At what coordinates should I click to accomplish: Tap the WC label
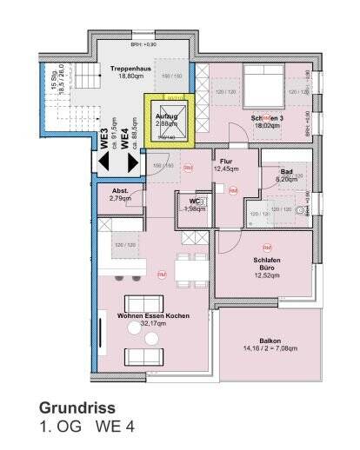click(x=193, y=202)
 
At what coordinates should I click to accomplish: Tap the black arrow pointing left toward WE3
click(x=104, y=163)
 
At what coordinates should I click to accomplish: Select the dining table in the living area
click(x=190, y=271)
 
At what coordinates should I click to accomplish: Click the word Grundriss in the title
click(x=77, y=407)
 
